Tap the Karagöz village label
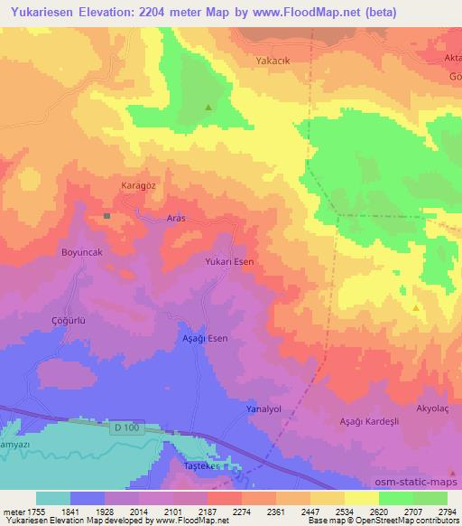click(139, 185)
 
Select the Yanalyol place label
click(264, 409)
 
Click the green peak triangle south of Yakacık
click(208, 108)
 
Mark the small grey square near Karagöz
click(106, 216)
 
